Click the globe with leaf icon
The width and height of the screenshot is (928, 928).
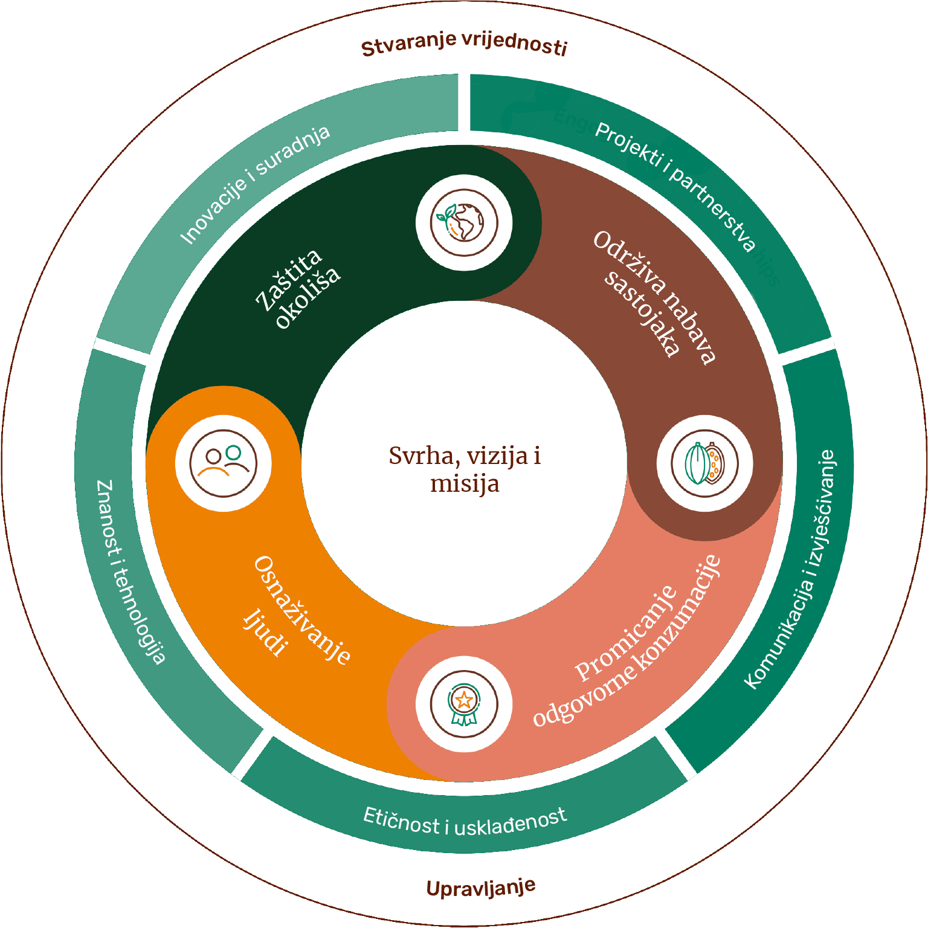pyautogui.click(x=464, y=222)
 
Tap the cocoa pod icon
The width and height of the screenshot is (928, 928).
pyautogui.click(x=704, y=463)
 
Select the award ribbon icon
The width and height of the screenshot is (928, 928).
pyautogui.click(x=464, y=704)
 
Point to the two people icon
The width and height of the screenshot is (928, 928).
pyautogui.click(x=223, y=463)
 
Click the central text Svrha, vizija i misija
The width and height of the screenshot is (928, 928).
pyautogui.click(x=464, y=469)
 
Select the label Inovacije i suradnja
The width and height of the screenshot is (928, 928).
pyautogui.click(x=255, y=184)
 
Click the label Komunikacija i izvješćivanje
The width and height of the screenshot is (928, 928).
pyautogui.click(x=790, y=569)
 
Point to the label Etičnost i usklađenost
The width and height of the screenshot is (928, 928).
pyautogui.click(x=465, y=822)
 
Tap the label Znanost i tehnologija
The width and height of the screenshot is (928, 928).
pyautogui.click(x=130, y=572)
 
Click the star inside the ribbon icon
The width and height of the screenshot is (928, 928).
pyautogui.click(x=464, y=700)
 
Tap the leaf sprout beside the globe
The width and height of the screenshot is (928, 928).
pyautogui.click(x=446, y=214)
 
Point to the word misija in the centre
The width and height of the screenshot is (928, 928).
pyautogui.click(x=464, y=484)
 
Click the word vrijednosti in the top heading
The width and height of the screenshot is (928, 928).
pyautogui.click(x=514, y=44)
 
